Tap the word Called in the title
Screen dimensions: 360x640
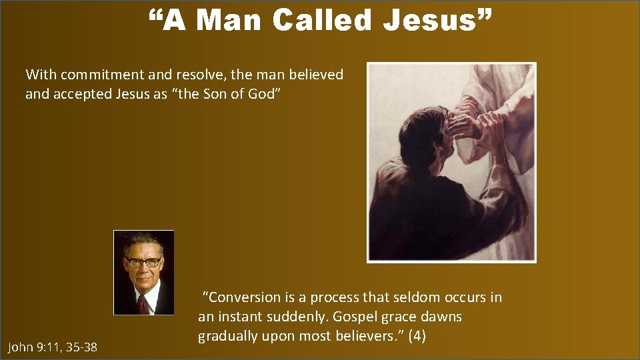325,20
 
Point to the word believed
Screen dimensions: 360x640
313,75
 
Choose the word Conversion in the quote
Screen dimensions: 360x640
246,297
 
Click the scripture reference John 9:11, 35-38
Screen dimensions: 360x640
52,347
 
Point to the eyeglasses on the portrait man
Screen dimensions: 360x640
144,262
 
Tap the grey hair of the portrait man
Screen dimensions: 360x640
143,240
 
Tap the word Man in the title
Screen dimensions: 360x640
231,20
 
